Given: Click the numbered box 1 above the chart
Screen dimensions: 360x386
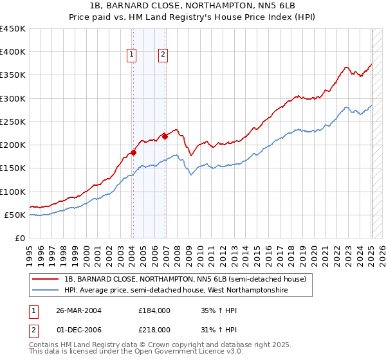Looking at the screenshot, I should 131,55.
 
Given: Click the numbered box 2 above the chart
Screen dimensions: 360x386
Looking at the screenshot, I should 163,55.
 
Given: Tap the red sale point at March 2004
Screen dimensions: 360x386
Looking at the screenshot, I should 133,152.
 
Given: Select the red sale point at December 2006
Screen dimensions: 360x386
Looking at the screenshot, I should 165,136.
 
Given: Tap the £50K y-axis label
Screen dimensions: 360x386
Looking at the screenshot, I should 15,215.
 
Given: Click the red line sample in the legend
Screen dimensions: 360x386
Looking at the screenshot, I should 46,279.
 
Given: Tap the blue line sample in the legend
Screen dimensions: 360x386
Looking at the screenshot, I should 46,291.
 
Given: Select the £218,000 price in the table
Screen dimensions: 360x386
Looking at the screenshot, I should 154,329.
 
